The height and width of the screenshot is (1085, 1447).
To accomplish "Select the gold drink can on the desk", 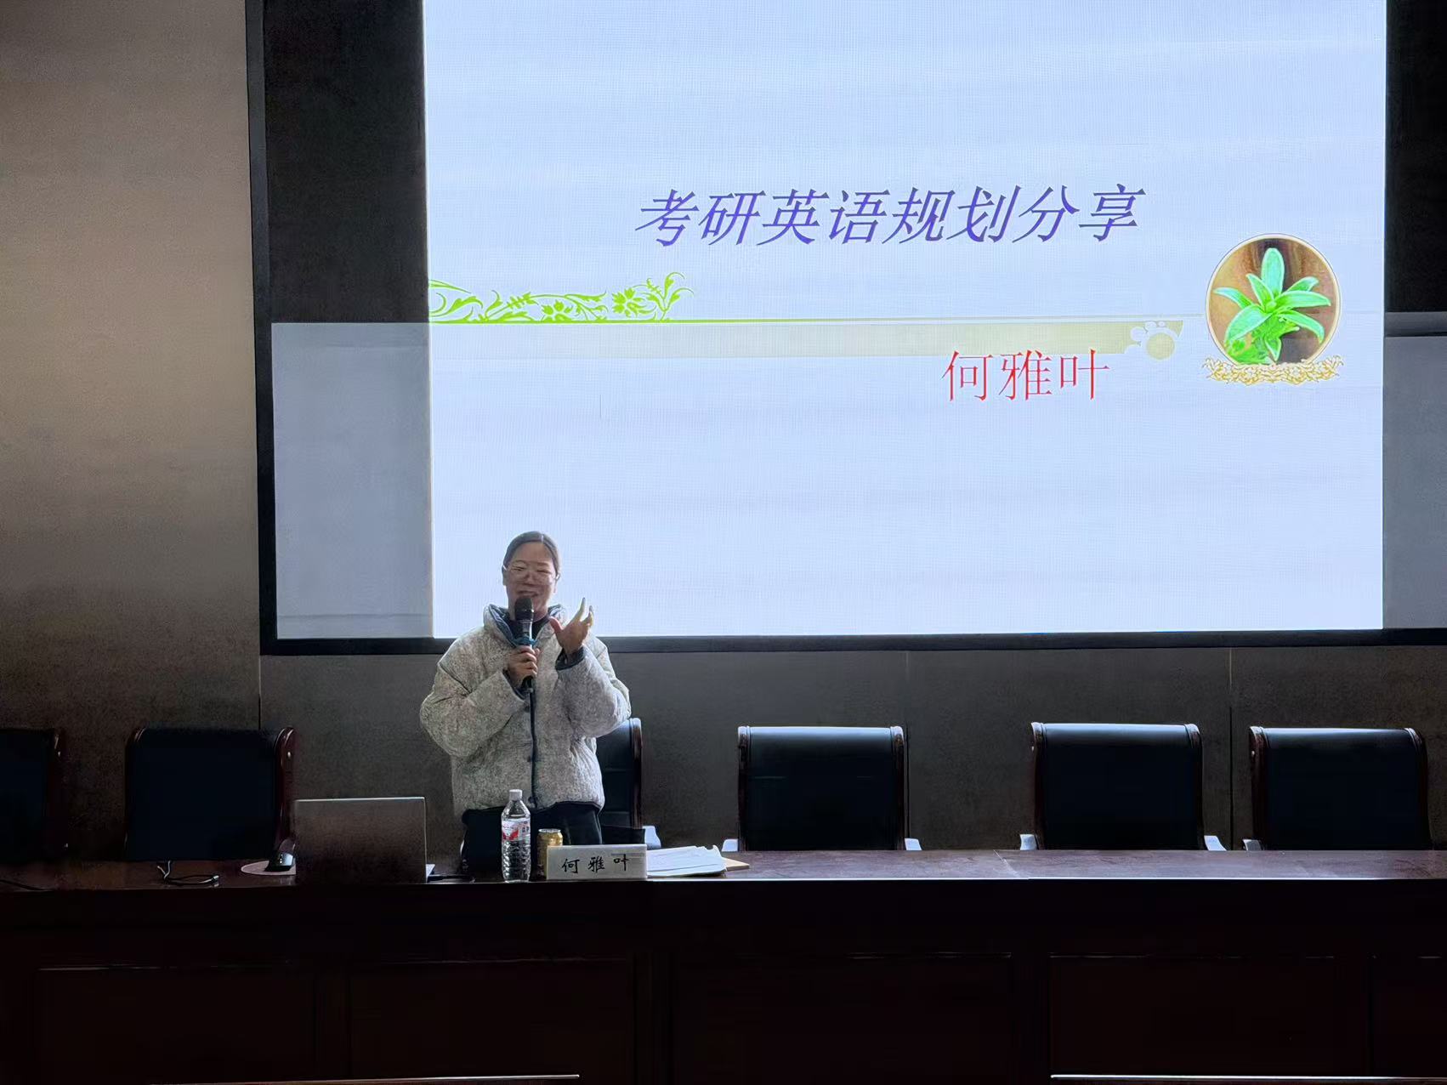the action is [549, 850].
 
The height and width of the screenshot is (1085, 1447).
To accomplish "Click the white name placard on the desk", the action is [596, 862].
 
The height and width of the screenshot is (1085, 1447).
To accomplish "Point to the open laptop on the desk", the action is [360, 839].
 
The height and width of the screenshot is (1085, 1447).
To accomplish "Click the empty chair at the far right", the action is [1339, 787].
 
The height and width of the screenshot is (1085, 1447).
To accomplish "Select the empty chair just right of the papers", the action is [820, 787].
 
